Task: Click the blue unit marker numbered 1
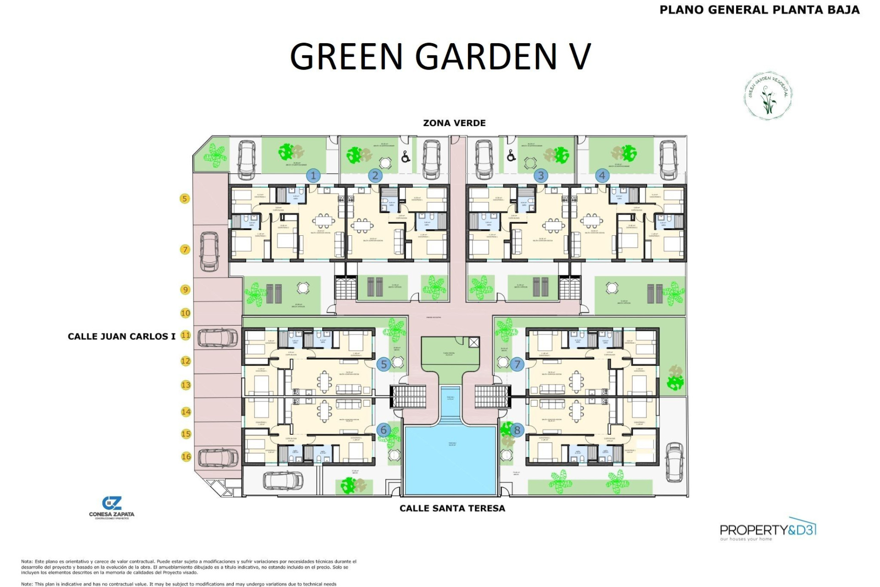313,175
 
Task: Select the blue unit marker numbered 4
602,175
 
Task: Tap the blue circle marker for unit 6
384,430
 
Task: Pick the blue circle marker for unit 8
517,430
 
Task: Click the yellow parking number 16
186,457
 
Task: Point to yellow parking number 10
185,313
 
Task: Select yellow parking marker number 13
186,385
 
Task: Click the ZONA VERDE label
454,123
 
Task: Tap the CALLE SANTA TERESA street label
452,508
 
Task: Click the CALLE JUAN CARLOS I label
121,336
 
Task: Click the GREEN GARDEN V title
440,56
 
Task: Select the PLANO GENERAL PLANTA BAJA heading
759,10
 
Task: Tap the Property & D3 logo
768,531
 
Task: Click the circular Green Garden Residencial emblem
768,96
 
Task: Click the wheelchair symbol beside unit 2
406,157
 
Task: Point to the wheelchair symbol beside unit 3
511,156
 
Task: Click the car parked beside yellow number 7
209,251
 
